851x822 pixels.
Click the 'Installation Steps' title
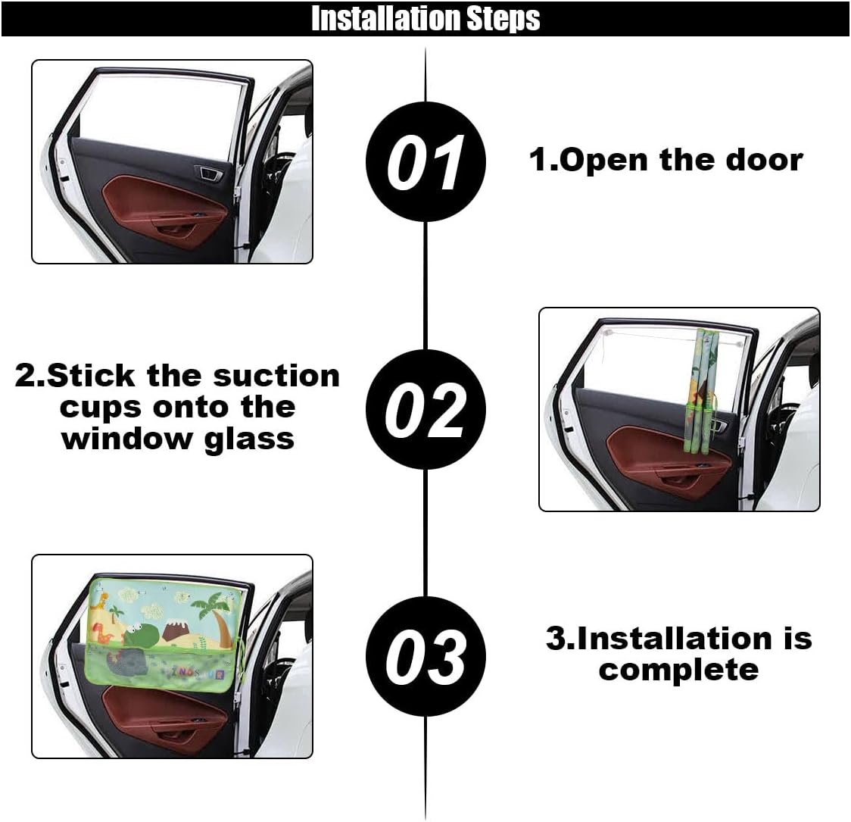click(x=425, y=18)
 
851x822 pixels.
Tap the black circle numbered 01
click(x=425, y=162)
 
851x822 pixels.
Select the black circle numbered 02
click(x=425, y=409)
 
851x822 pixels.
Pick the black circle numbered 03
click(x=425, y=656)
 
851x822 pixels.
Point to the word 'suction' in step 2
click(x=276, y=376)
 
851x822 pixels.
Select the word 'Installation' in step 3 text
click(x=674, y=639)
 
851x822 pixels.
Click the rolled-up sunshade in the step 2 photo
click(x=704, y=392)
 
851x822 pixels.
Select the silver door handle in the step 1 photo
click(x=210, y=173)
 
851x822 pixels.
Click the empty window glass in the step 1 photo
click(x=161, y=116)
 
